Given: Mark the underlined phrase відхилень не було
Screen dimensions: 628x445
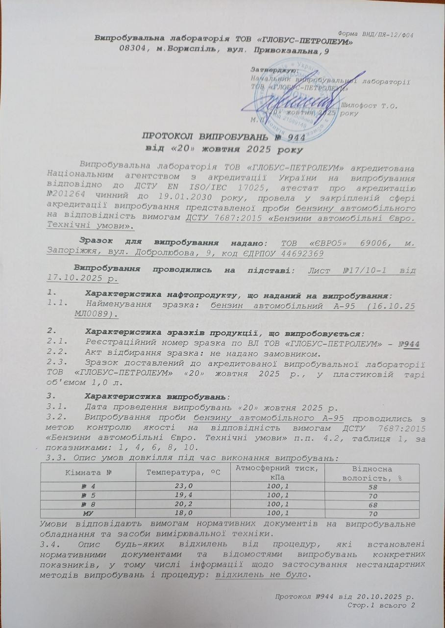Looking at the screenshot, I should pyautogui.click(x=259, y=575).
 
